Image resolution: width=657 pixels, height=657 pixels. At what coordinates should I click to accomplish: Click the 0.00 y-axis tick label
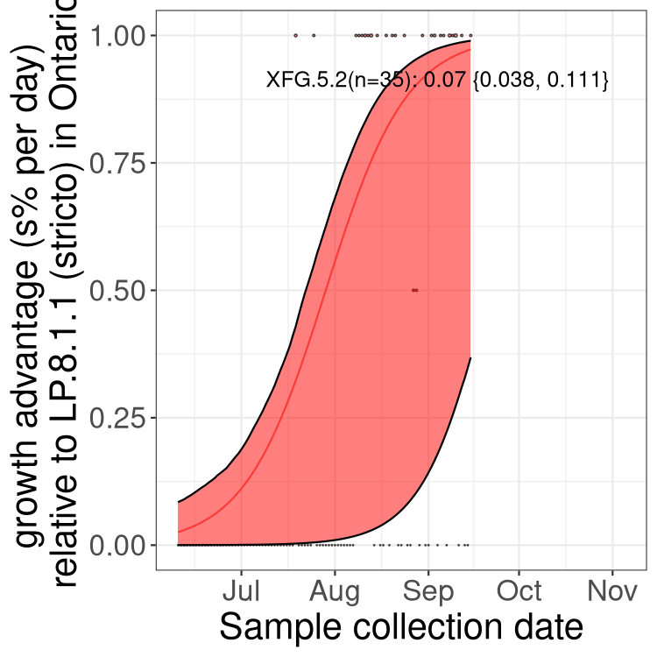120,545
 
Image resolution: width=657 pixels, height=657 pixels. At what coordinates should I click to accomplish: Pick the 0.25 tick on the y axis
120,418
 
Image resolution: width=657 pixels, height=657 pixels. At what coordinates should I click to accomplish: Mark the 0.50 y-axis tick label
120,291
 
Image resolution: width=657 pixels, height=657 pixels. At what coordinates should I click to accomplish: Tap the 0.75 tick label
120,163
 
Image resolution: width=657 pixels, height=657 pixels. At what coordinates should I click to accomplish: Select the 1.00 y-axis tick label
120,36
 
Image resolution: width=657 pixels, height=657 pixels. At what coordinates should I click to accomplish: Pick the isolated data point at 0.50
415,290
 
